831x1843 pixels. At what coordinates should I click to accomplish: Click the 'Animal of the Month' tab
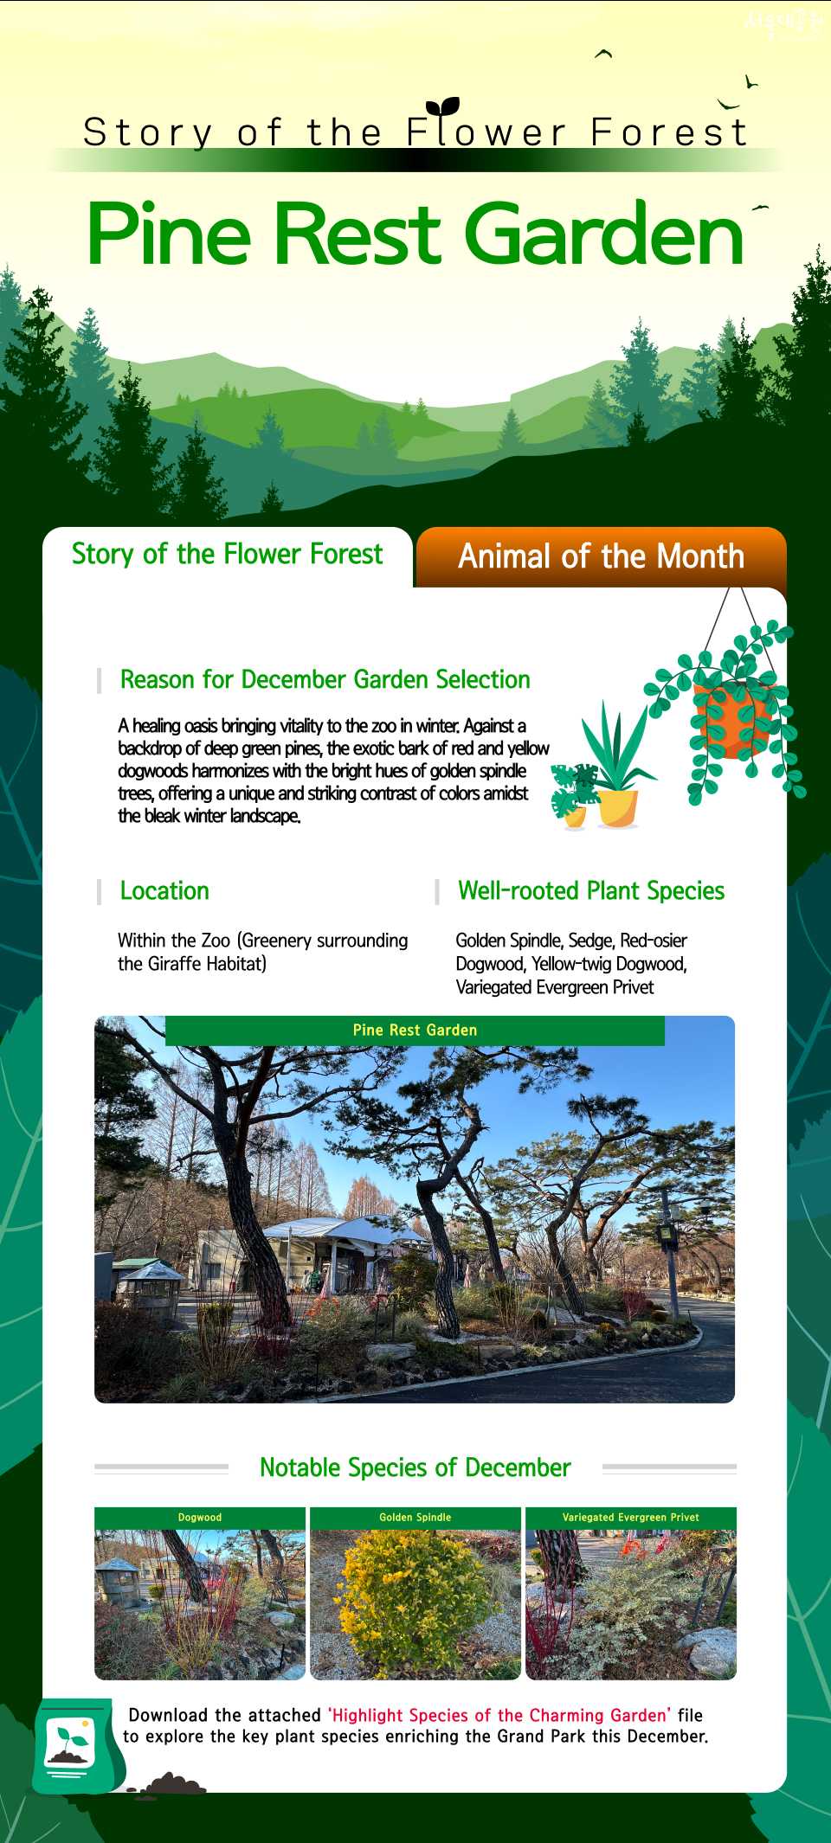601,556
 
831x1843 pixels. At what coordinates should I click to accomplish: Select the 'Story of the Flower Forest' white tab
227,555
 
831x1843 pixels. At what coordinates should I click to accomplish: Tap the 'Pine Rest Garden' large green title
415,234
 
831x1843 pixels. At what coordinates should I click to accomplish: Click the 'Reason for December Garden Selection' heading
325,680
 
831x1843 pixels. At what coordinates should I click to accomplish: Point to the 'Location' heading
164,891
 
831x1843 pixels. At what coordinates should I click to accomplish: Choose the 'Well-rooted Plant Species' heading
591,891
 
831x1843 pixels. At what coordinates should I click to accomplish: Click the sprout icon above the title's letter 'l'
443,106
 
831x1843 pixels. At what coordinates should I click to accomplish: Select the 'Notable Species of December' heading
415,1467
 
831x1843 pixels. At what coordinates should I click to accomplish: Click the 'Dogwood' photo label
200,1518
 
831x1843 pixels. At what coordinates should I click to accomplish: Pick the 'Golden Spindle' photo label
415,1518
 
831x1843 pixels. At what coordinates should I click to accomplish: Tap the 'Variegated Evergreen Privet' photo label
631,1518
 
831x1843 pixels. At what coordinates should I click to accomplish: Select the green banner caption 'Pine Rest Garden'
415,1031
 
